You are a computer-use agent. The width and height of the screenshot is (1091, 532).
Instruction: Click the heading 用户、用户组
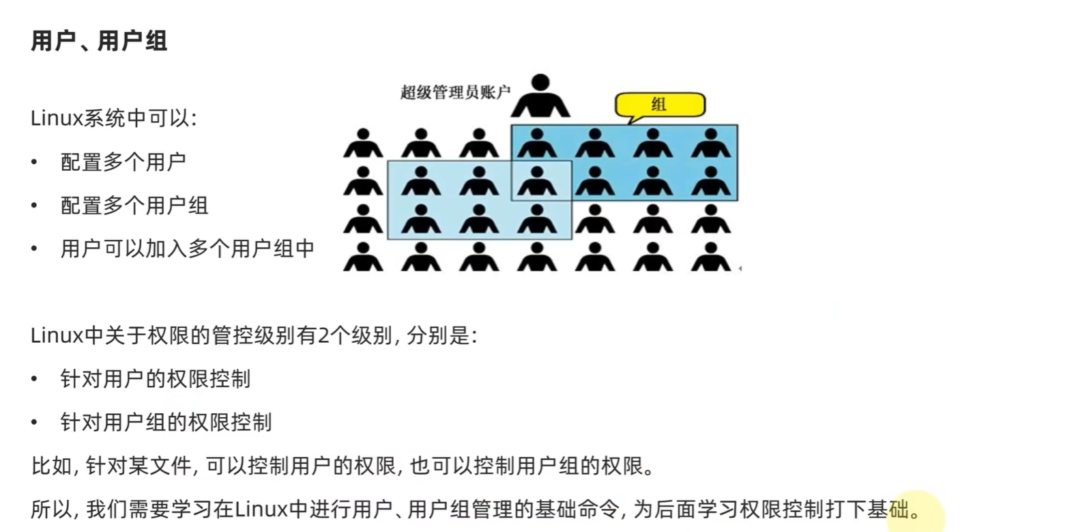[99, 41]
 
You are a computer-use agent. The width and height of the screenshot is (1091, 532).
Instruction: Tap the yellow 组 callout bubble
[659, 104]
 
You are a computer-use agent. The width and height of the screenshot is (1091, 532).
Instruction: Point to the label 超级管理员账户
[455, 92]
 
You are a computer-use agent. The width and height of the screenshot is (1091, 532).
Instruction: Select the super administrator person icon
[540, 96]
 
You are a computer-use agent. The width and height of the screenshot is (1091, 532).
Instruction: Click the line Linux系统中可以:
[113, 119]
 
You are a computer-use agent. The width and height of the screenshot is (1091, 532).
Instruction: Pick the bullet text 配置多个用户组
[134, 206]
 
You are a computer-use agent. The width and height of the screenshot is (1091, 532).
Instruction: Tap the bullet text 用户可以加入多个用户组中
[187, 249]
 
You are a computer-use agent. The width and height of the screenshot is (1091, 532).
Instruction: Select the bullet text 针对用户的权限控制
[155, 379]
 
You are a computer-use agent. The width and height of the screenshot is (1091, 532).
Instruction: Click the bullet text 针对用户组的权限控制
[166, 423]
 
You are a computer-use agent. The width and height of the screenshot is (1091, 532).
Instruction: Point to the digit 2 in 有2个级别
[323, 336]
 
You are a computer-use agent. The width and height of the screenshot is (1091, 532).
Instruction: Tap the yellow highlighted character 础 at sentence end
[899, 509]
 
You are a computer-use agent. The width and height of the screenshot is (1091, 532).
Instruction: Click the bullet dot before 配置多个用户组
[34, 206]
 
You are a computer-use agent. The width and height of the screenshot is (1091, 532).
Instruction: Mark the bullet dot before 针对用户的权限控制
[34, 379]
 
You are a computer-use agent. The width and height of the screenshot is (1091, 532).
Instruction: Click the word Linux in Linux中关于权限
[56, 336]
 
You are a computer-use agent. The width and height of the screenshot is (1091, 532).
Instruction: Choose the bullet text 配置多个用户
[123, 163]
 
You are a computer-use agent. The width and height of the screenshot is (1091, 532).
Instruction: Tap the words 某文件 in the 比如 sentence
[160, 466]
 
